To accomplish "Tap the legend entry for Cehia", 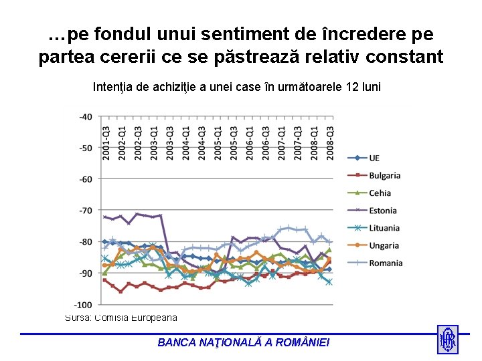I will click(x=380, y=193).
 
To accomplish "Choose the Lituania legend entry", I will click(x=384, y=228).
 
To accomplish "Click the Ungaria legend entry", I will click(x=384, y=245).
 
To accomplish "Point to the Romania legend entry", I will click(x=386, y=263).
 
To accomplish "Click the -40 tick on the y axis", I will click(x=86, y=116).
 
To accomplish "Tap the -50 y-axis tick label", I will click(x=86, y=148).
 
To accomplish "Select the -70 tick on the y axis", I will click(x=86, y=211).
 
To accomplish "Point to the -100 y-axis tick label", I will click(x=84, y=304).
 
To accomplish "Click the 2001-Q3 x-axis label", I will click(x=106, y=143).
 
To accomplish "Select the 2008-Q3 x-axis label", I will click(x=330, y=143).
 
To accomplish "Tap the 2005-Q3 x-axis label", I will click(x=234, y=143).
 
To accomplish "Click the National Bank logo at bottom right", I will click(x=447, y=340).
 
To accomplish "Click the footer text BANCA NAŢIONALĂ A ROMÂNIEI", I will click(x=244, y=342).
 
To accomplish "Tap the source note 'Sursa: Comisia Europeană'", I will click(x=121, y=318).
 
